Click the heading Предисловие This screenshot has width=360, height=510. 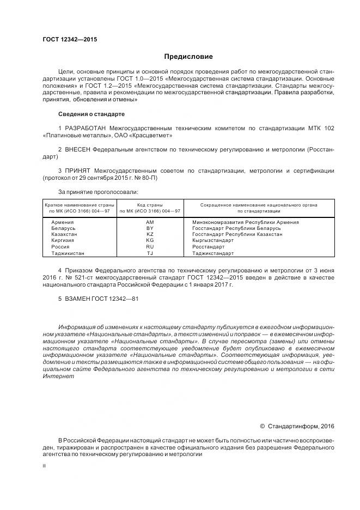(x=188, y=57)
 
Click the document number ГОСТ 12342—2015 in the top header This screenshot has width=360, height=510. (x=70, y=39)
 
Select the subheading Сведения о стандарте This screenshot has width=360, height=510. (x=91, y=114)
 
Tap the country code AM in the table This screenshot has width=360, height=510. (x=150, y=222)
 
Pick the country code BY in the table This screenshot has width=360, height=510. (x=150, y=228)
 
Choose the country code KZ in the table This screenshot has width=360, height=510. (x=150, y=234)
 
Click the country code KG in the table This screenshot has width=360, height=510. (x=150, y=240)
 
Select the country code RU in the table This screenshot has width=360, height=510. (x=150, y=247)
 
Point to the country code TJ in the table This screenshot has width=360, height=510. (x=150, y=253)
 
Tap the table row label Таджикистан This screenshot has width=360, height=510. (x=68, y=253)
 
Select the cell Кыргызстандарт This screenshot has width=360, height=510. (x=213, y=240)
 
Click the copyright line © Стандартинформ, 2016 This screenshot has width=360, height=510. (x=297, y=426)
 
